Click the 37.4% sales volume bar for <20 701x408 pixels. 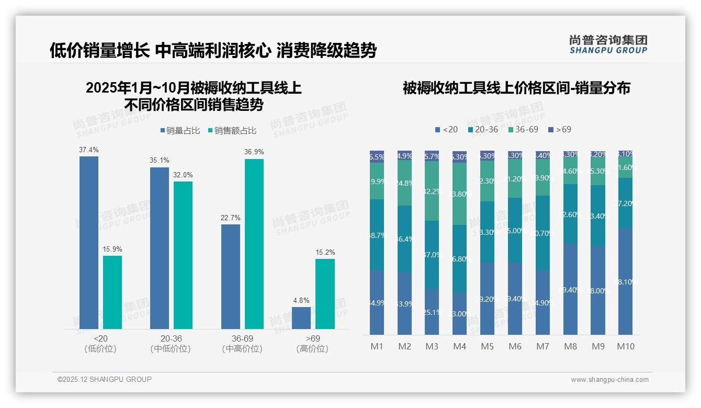tap(89, 243)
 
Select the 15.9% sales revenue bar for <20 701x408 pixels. tap(112, 292)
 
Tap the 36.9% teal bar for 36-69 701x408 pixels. tap(254, 244)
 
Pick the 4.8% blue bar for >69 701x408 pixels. tap(301, 318)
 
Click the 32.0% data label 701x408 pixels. tap(183, 175)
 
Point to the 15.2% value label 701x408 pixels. tap(325, 253)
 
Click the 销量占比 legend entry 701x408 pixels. tap(180, 131)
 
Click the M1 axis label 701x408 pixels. tap(377, 346)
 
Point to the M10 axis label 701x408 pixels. tap(625, 346)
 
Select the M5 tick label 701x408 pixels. tap(487, 346)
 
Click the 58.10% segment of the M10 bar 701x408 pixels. tap(625, 281)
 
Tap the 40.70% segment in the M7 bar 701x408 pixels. tap(542, 233)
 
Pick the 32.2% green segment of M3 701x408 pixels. tap(432, 191)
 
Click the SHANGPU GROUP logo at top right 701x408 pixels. tap(608, 44)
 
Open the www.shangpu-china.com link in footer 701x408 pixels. tap(609, 380)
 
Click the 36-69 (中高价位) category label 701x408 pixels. tap(242, 344)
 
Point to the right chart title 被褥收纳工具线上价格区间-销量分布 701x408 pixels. tap(516, 88)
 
